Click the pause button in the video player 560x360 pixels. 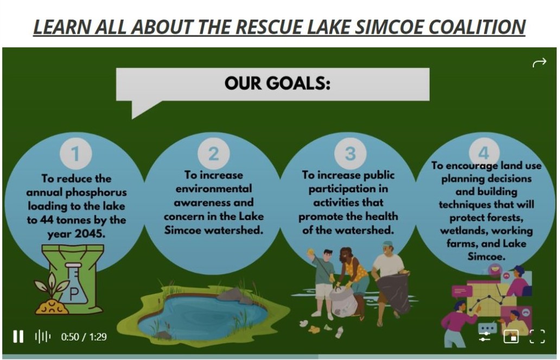[x=18, y=337]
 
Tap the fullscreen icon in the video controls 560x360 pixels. [x=537, y=337]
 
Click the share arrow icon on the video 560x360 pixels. [x=539, y=62]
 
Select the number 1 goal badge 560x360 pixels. [x=75, y=154]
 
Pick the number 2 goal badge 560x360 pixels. [x=214, y=154]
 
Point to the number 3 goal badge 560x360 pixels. [x=351, y=153]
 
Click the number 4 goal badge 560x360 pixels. [x=483, y=152]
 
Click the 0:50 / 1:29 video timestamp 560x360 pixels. [x=84, y=337]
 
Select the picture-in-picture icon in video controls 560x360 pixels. [x=511, y=337]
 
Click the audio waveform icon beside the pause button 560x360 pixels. [x=42, y=337]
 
